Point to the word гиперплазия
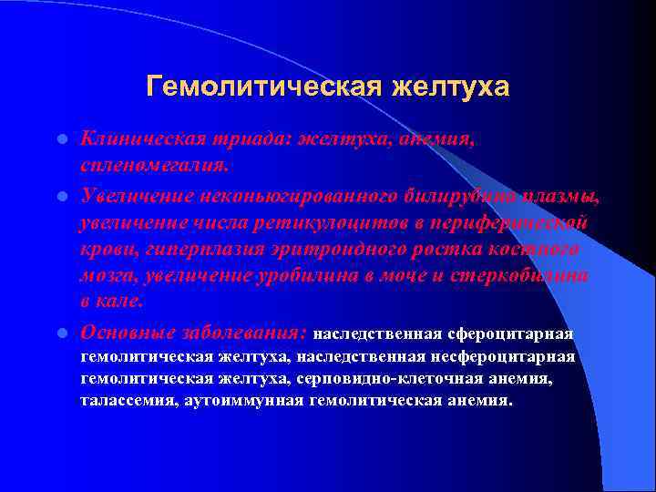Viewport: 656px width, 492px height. click(x=190, y=250)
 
